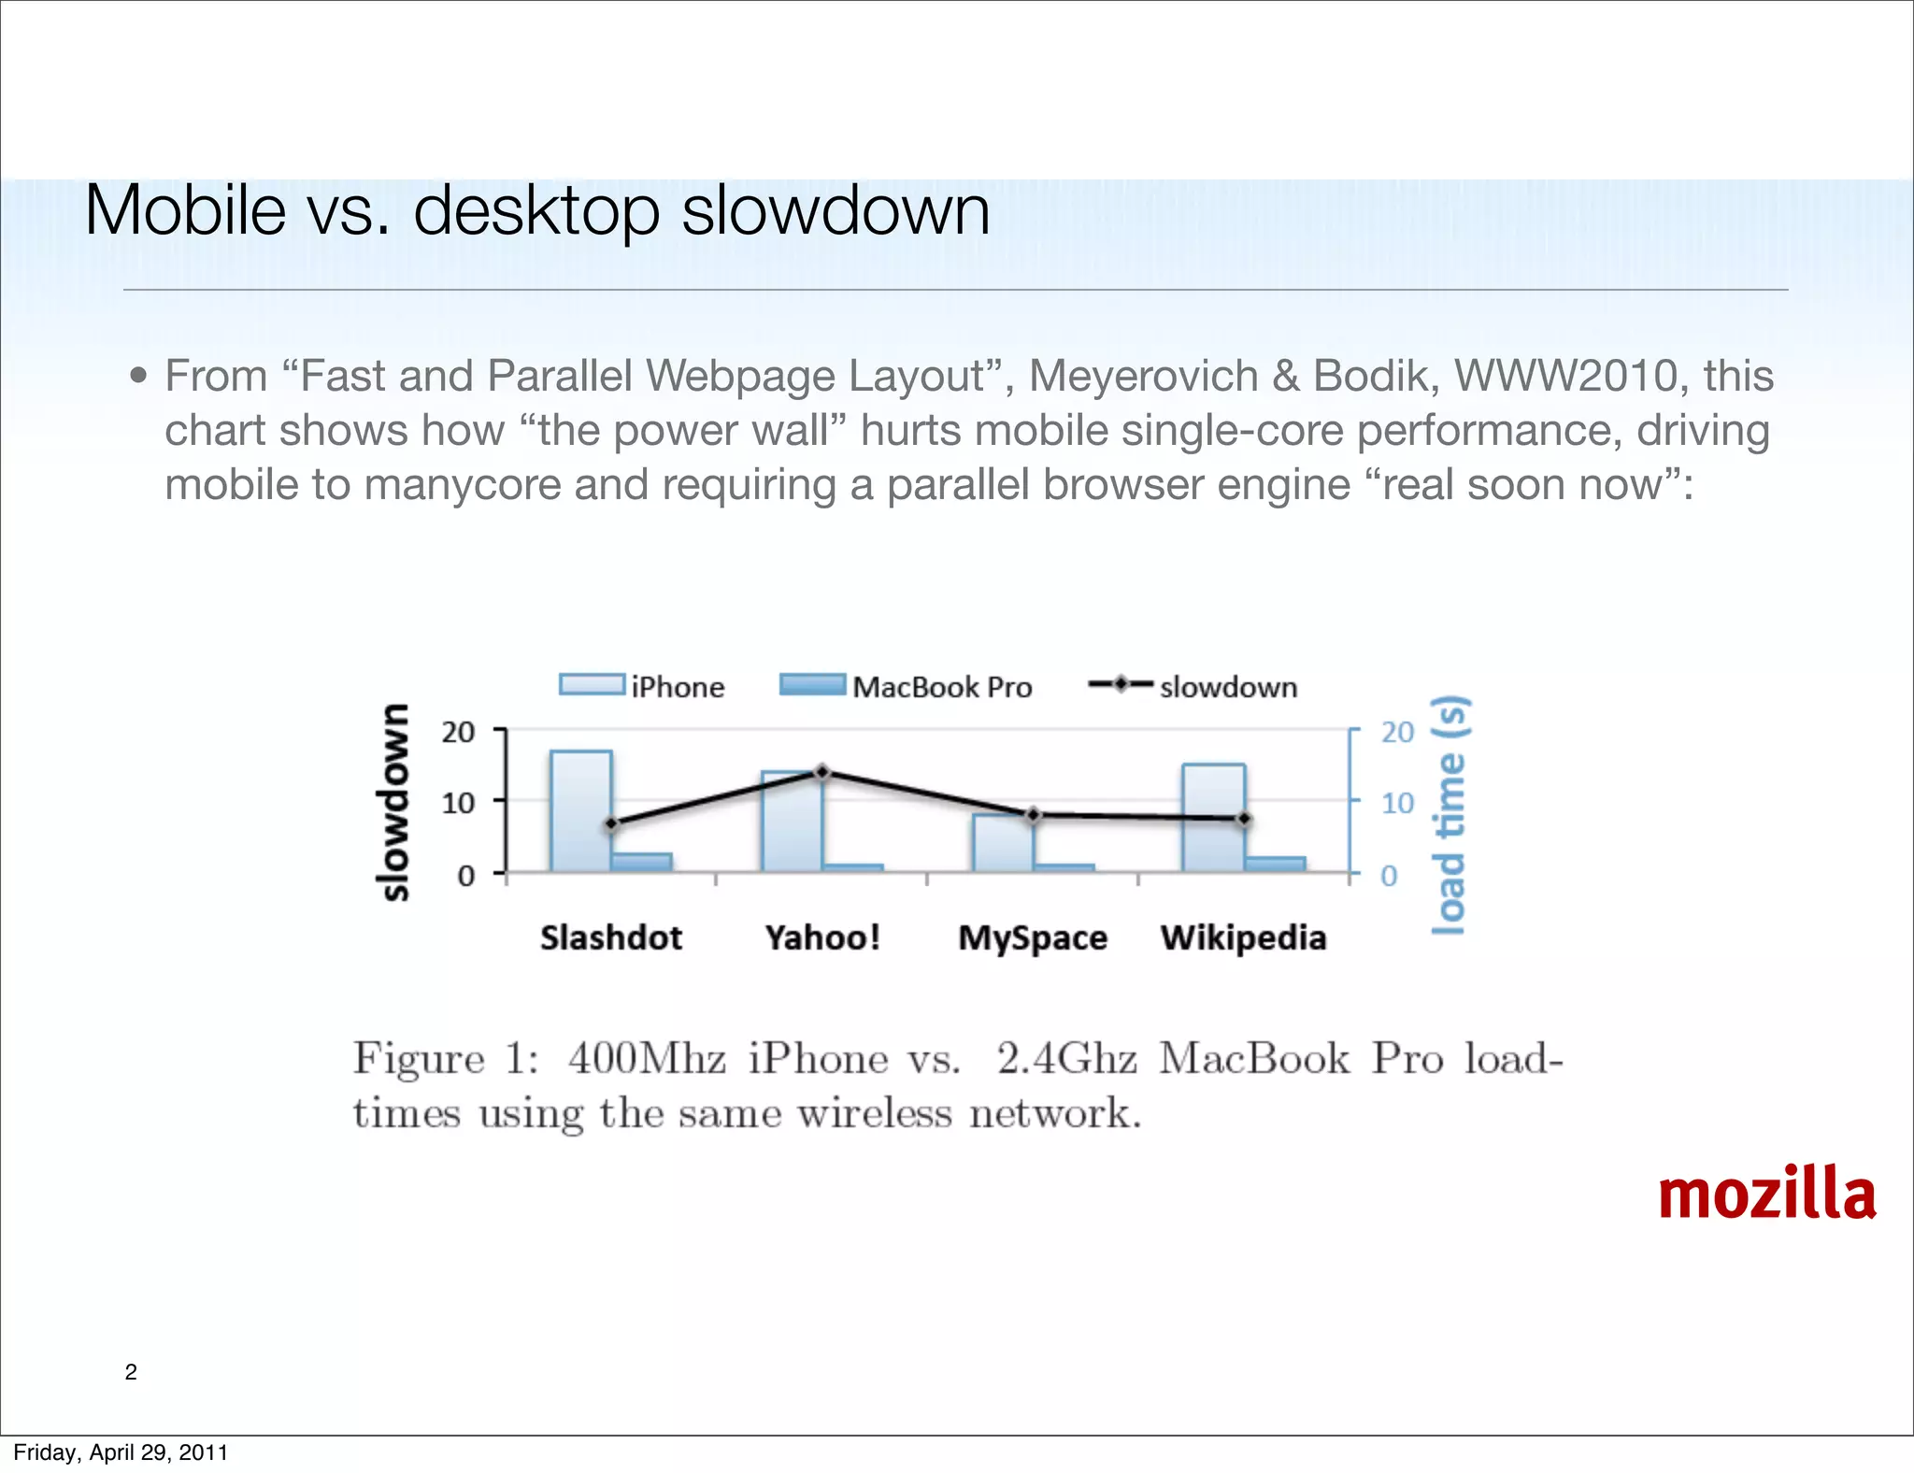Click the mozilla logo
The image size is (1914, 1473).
pos(1766,1194)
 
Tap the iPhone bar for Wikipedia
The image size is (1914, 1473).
pos(1213,817)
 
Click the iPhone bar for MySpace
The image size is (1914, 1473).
pos(1002,842)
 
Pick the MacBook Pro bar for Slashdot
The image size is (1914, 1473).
pos(642,862)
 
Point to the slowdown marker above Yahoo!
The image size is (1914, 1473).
pos(822,772)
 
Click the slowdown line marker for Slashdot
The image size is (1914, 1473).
pos(612,824)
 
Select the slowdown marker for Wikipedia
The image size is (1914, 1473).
pos(1244,819)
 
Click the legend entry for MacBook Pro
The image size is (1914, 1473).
pos(906,687)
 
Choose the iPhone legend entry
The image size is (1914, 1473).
pos(642,687)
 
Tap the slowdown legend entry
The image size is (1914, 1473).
pos(1193,687)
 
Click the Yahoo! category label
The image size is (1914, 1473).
pos(822,937)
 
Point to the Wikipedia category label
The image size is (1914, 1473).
pos(1243,937)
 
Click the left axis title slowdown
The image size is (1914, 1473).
pos(393,801)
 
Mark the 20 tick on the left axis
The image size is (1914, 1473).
pos(458,732)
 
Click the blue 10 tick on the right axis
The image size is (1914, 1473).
pos(1397,803)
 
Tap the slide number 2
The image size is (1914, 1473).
pos(131,1372)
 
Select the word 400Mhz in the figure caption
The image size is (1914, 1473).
pos(647,1059)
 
